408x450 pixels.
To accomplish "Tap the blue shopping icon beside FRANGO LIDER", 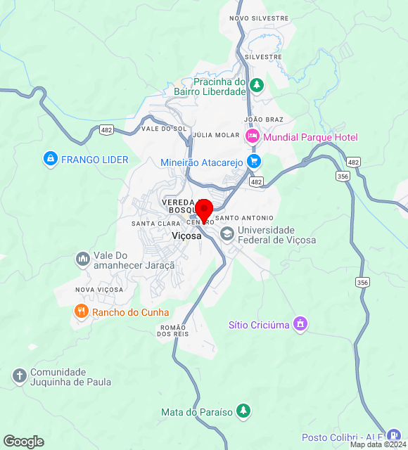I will pos(50,160).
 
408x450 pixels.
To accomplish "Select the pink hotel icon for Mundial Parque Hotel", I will pos(253,137).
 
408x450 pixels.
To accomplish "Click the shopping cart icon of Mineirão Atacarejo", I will pos(254,162).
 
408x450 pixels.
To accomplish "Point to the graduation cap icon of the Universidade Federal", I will pos(227,235).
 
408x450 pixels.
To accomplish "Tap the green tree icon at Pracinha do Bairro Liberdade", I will pos(257,86).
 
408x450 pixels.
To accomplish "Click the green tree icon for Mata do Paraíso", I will pos(243,411).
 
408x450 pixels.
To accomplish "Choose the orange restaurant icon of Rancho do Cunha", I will pos(82,311).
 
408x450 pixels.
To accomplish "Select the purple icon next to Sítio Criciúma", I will pos(300,324).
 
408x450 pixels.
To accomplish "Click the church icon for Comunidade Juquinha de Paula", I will pos(19,376).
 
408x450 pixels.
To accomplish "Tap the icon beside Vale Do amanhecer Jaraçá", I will pos(83,260).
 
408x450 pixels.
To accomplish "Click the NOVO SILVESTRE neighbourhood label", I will pos(249,18).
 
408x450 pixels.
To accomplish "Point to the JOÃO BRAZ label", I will pos(263,120).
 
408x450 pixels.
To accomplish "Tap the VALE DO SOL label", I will pos(164,129).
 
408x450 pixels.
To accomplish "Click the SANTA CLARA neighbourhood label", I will pos(155,224).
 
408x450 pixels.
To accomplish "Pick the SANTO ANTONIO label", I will pos(249,218).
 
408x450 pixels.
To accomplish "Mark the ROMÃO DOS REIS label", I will pos(173,330).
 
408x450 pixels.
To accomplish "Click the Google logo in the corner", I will pos(23,442).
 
